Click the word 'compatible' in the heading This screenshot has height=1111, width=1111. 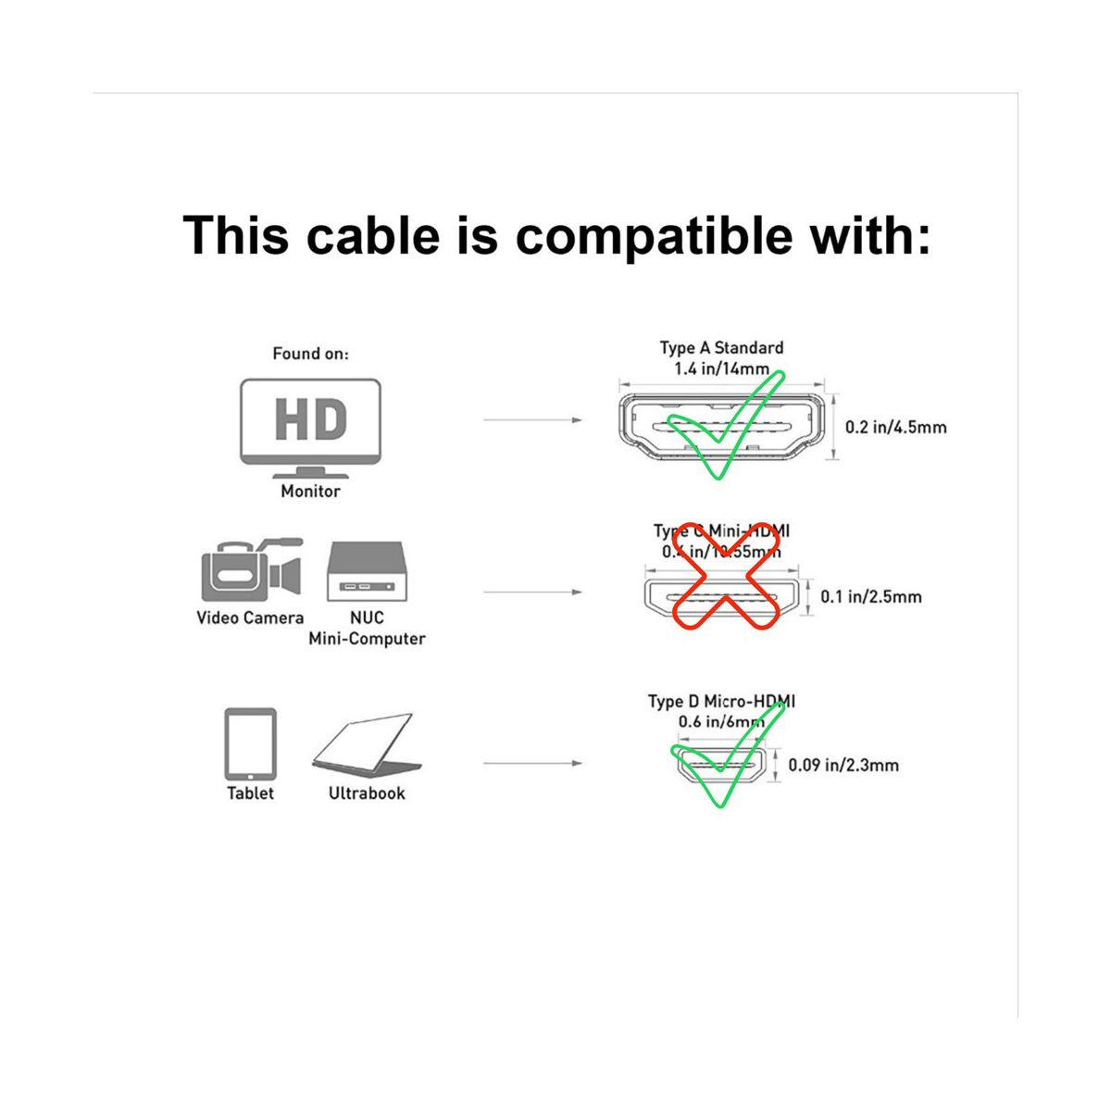pyautogui.click(x=654, y=235)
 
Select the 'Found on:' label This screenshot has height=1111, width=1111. pyautogui.click(x=310, y=354)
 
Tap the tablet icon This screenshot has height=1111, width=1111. pyautogui.click(x=251, y=744)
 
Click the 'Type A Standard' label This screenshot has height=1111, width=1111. pyautogui.click(x=721, y=348)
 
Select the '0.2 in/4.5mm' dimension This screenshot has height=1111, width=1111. pyautogui.click(x=895, y=428)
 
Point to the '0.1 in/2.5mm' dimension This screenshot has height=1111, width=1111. pyautogui.click(x=871, y=597)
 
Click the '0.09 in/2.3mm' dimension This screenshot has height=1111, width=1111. pyautogui.click(x=843, y=766)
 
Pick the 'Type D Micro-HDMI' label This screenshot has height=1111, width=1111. pyautogui.click(x=721, y=702)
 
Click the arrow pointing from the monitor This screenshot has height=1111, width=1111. pyautogui.click(x=532, y=420)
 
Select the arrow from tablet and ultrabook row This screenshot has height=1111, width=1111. pyautogui.click(x=532, y=764)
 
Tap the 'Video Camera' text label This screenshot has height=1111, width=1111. pyautogui.click(x=250, y=618)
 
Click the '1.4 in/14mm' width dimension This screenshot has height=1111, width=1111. pyautogui.click(x=721, y=369)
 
